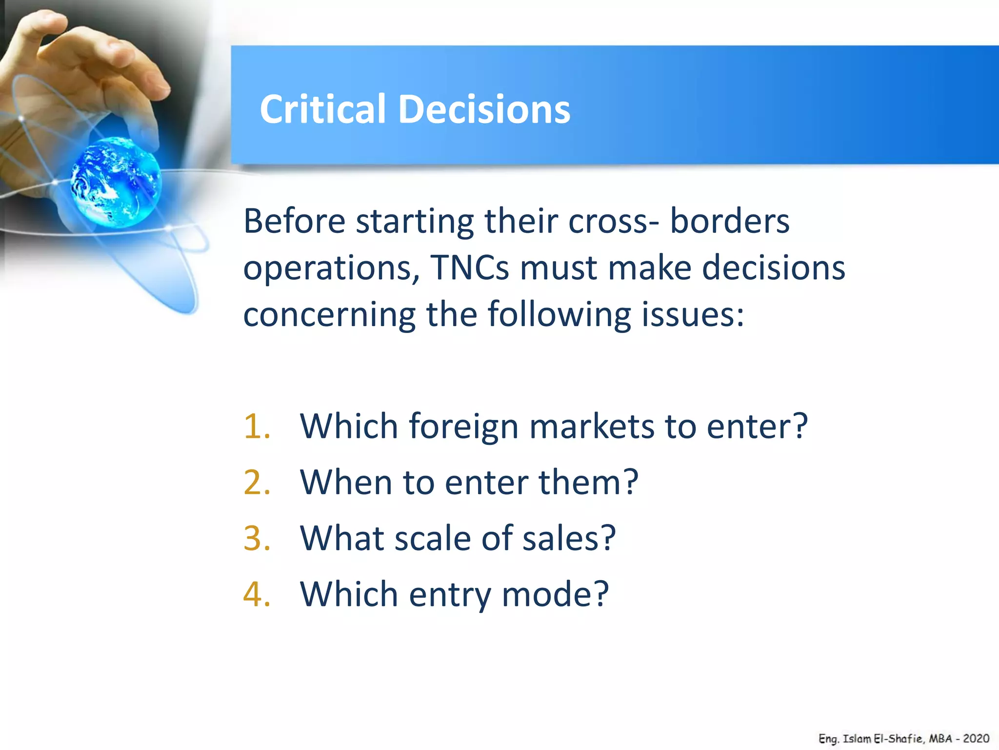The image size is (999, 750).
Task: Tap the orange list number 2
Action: coord(256,482)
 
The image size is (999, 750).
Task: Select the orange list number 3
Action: coord(256,539)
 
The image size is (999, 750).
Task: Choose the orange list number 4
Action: coord(256,594)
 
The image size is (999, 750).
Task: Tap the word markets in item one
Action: coord(591,426)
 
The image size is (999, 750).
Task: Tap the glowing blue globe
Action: coord(116,182)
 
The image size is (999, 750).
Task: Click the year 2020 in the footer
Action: coord(976,738)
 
